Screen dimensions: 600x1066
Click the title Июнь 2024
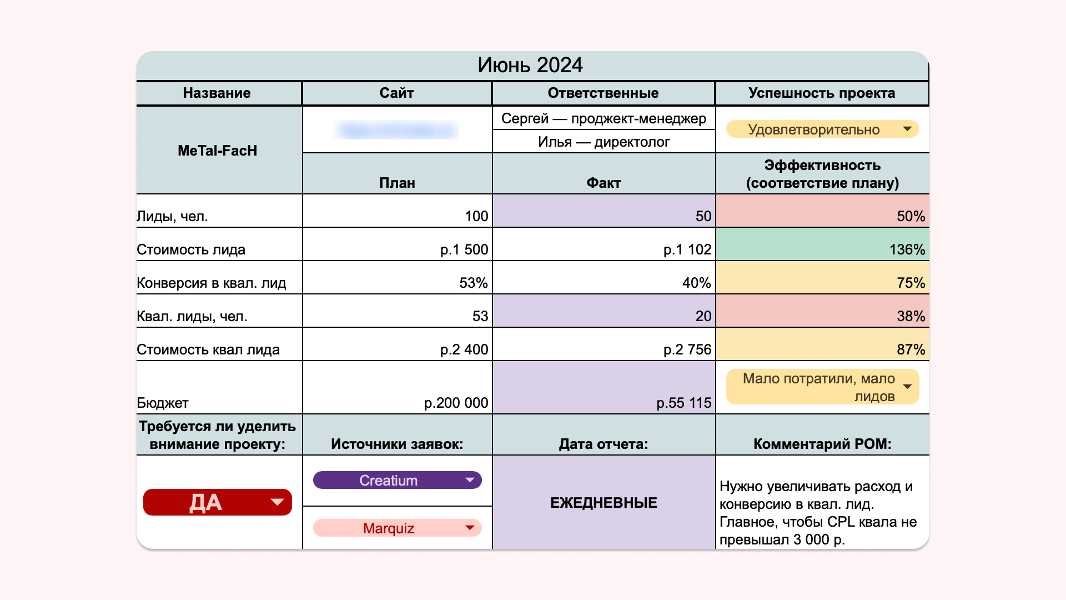coord(530,66)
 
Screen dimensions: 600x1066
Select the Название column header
coord(217,93)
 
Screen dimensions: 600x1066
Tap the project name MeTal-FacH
coord(217,151)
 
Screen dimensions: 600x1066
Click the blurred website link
coord(396,131)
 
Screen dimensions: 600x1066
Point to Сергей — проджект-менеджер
coord(604,118)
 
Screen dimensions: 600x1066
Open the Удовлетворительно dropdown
coord(822,129)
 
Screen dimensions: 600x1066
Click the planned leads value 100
coord(476,216)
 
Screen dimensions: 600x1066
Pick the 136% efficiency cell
coord(907,249)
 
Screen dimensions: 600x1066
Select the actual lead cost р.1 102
coord(687,249)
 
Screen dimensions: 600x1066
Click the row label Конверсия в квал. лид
coord(212,283)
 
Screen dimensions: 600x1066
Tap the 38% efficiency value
coord(911,316)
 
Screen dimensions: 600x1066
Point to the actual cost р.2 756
coord(687,349)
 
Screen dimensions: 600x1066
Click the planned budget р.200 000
coord(456,403)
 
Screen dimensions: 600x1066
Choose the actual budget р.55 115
coord(683,403)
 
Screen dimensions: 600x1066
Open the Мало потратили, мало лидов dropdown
coord(822,387)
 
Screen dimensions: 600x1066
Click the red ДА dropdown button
coord(217,502)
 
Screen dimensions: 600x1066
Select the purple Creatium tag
coord(397,480)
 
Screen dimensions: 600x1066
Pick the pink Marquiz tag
coord(397,528)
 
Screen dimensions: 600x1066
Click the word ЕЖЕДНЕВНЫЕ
coord(604,503)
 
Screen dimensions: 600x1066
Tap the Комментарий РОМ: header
coord(822,444)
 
